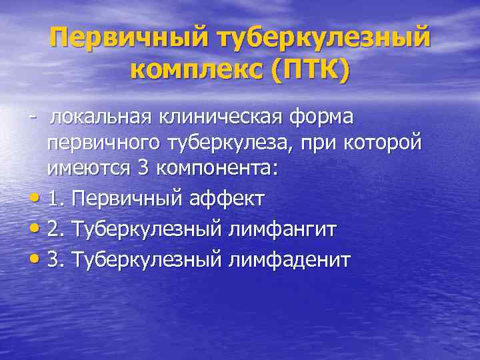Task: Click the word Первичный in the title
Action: [126, 37]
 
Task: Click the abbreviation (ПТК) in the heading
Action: [310, 69]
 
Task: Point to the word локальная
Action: [101, 118]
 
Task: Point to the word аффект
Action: [225, 198]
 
